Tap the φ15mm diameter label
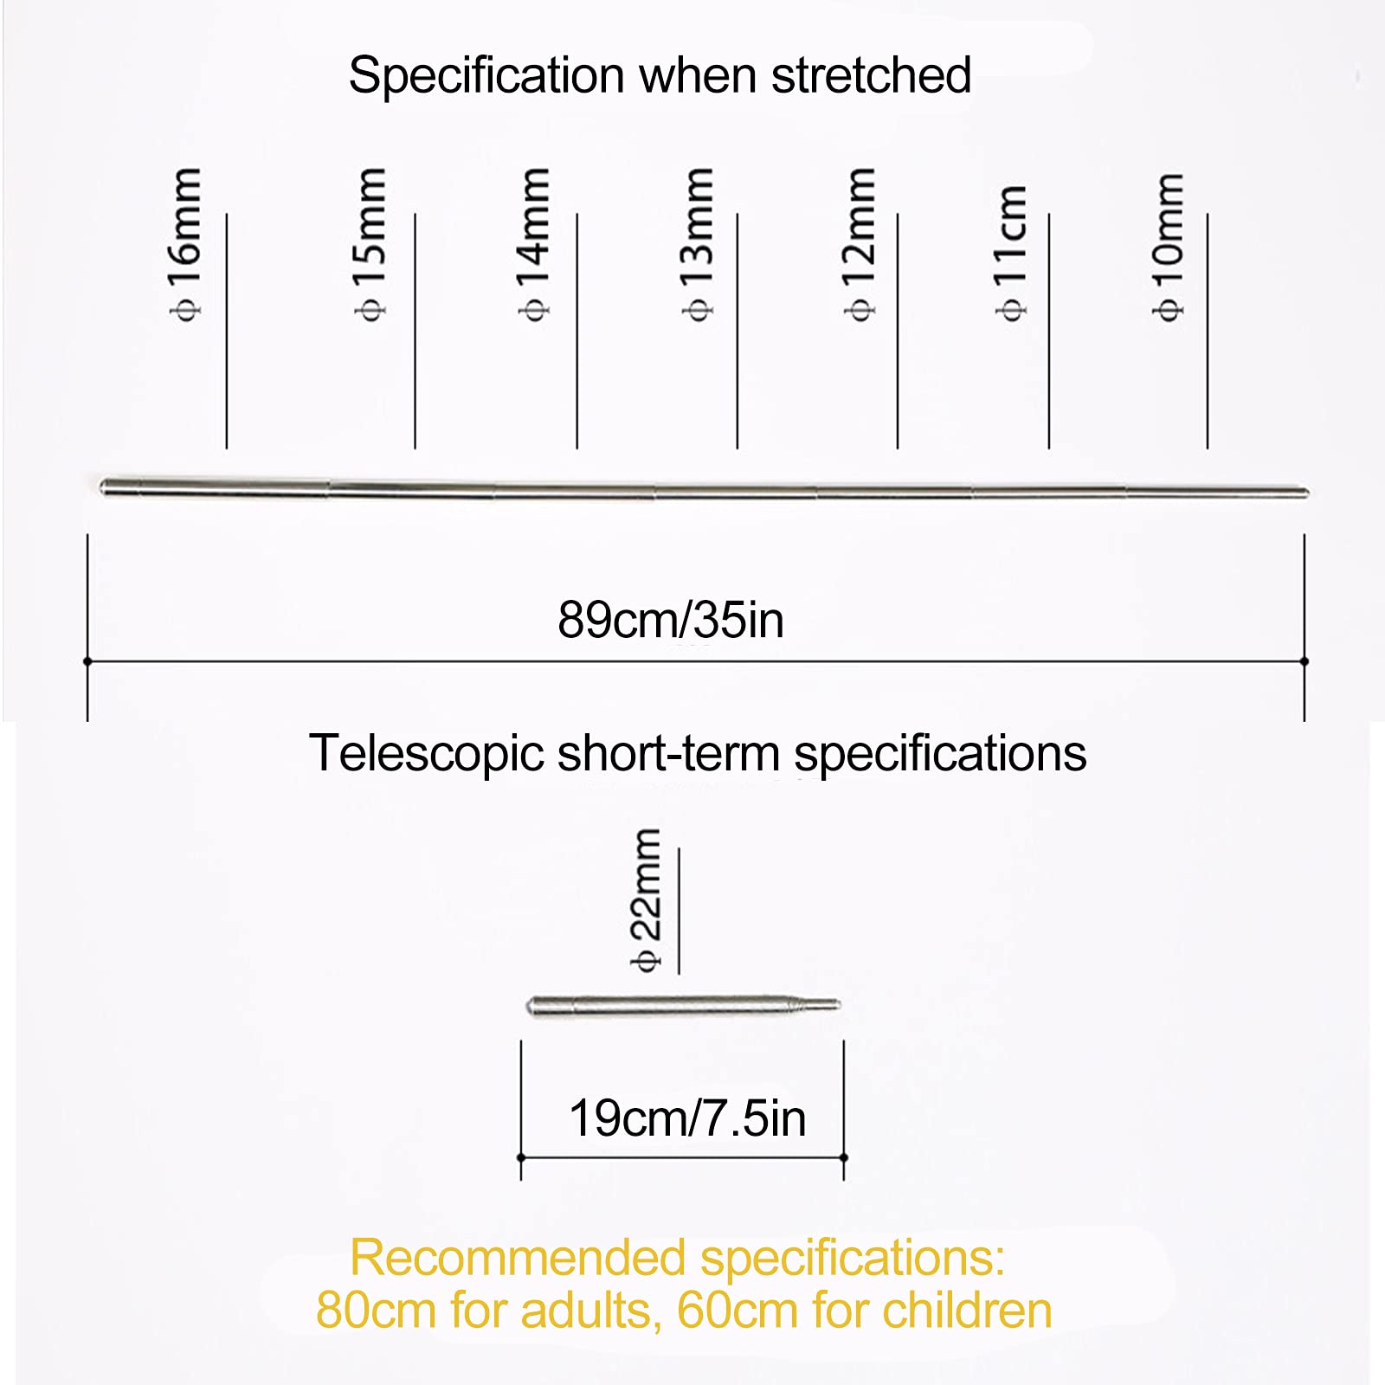(370, 245)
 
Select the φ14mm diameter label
(534, 245)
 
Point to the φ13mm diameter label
(698, 245)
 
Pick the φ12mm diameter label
(860, 245)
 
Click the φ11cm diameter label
(1010, 253)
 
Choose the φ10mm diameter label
(1168, 247)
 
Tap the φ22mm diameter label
(647, 900)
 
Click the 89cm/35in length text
(671, 620)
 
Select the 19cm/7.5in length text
(687, 1118)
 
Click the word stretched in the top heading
(871, 75)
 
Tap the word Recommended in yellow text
(518, 1257)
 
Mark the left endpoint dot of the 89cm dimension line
(87, 661)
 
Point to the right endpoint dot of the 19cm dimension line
(844, 1157)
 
